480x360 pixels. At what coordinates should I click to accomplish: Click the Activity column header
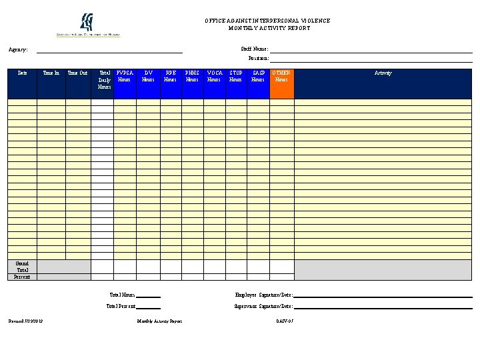pyautogui.click(x=383, y=73)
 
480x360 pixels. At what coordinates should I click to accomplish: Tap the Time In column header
pyautogui.click(x=51, y=73)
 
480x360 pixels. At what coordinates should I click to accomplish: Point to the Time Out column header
pyautogui.click(x=77, y=73)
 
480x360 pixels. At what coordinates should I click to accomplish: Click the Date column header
pyautogui.click(x=22, y=73)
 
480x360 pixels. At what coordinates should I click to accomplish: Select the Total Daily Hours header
pyautogui.click(x=105, y=80)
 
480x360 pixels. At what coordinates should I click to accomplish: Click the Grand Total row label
pyautogui.click(x=22, y=266)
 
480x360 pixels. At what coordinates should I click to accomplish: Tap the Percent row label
pyautogui.click(x=22, y=277)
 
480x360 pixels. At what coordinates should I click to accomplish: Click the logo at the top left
pyautogui.click(x=88, y=25)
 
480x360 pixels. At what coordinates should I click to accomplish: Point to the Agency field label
pyautogui.click(x=18, y=49)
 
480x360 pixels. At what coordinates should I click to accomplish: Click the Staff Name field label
pyautogui.click(x=255, y=49)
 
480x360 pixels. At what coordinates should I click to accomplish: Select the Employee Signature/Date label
pyautogui.click(x=264, y=295)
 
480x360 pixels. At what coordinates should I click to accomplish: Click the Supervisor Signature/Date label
pyautogui.click(x=263, y=307)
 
